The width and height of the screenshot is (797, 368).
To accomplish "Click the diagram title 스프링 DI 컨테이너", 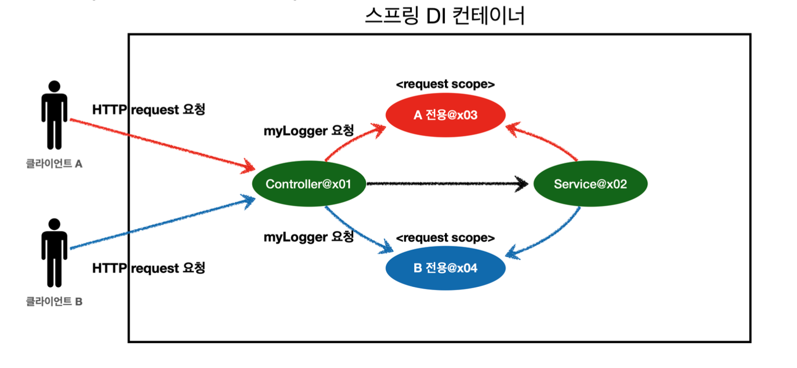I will [x=444, y=16].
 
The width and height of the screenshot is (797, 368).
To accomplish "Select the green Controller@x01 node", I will [x=309, y=184].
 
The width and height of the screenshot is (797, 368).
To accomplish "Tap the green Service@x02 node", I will [x=590, y=184].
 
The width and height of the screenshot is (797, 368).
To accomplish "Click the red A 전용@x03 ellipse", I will [x=445, y=115].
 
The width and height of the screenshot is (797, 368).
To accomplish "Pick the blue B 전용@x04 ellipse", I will [x=445, y=268].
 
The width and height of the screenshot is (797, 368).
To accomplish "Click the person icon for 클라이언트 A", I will [x=54, y=115].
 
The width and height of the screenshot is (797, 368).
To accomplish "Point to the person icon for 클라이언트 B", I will [x=54, y=253].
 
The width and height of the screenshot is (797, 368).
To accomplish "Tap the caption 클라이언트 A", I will [x=54, y=164].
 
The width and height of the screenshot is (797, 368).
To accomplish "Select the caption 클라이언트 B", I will [x=54, y=302].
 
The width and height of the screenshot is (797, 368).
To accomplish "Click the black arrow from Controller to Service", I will [x=445, y=184].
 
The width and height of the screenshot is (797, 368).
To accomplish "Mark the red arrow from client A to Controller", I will [x=163, y=144].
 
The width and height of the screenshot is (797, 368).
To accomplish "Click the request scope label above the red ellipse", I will [x=445, y=85].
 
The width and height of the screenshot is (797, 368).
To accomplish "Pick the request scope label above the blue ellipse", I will [x=445, y=238].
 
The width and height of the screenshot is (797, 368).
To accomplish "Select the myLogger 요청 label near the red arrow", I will [x=309, y=130].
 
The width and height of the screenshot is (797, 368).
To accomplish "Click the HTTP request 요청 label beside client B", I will [x=149, y=268].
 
